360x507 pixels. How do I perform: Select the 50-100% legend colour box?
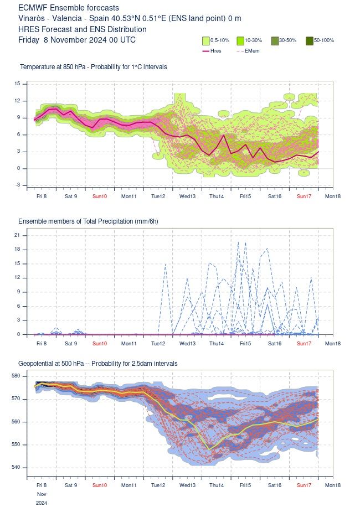310,40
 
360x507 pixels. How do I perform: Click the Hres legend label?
216,51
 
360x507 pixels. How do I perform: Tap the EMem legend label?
251,51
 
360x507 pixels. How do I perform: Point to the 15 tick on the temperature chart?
17,84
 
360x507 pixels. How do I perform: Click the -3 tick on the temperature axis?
17,185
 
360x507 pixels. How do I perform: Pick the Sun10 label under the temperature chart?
100,196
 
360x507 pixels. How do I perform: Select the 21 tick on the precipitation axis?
17,235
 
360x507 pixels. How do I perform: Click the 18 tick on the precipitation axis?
17,250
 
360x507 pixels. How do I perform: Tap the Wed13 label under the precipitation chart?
187,344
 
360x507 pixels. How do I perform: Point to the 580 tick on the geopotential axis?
16,376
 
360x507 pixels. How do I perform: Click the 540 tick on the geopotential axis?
16,467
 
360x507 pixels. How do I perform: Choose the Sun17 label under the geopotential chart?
303,484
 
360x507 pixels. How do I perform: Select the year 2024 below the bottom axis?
42,503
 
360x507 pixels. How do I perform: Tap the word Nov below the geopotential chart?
42,494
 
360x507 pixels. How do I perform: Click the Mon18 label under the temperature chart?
333,196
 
